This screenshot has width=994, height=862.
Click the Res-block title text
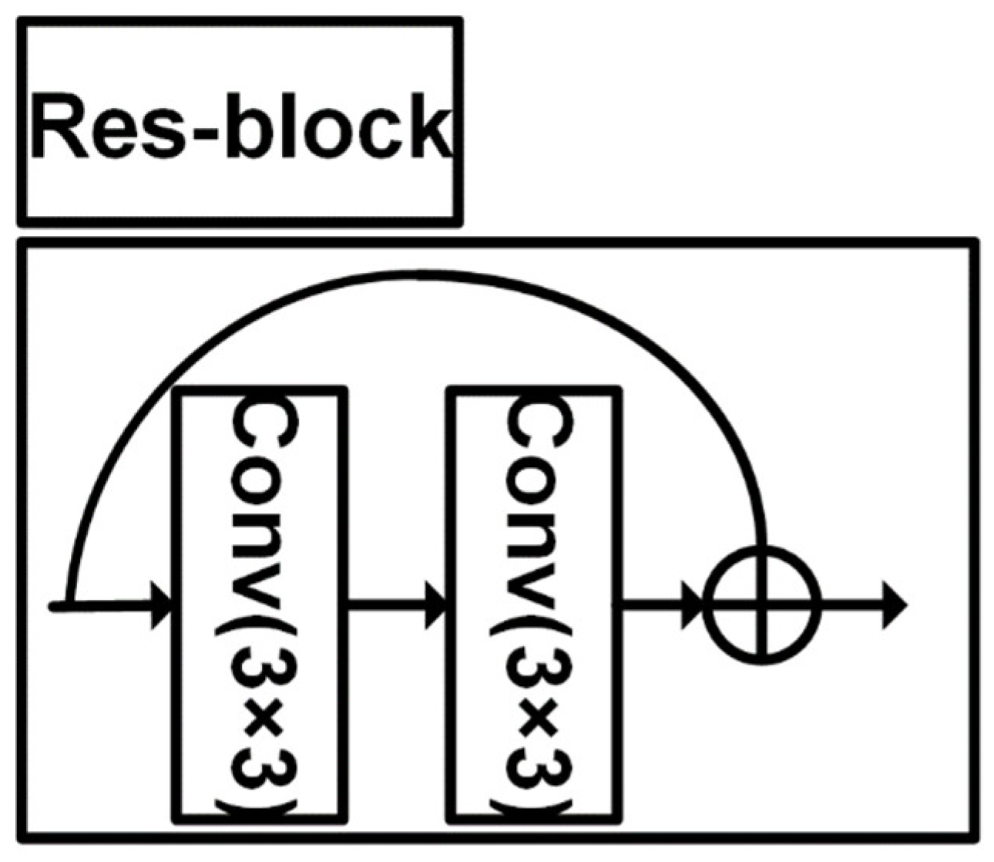tap(240, 126)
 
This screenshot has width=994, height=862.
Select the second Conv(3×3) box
tap(534, 605)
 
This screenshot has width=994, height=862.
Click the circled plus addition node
tap(763, 604)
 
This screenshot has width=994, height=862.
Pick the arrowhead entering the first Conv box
tap(163, 604)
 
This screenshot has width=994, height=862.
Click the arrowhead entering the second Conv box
tap(438, 604)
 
